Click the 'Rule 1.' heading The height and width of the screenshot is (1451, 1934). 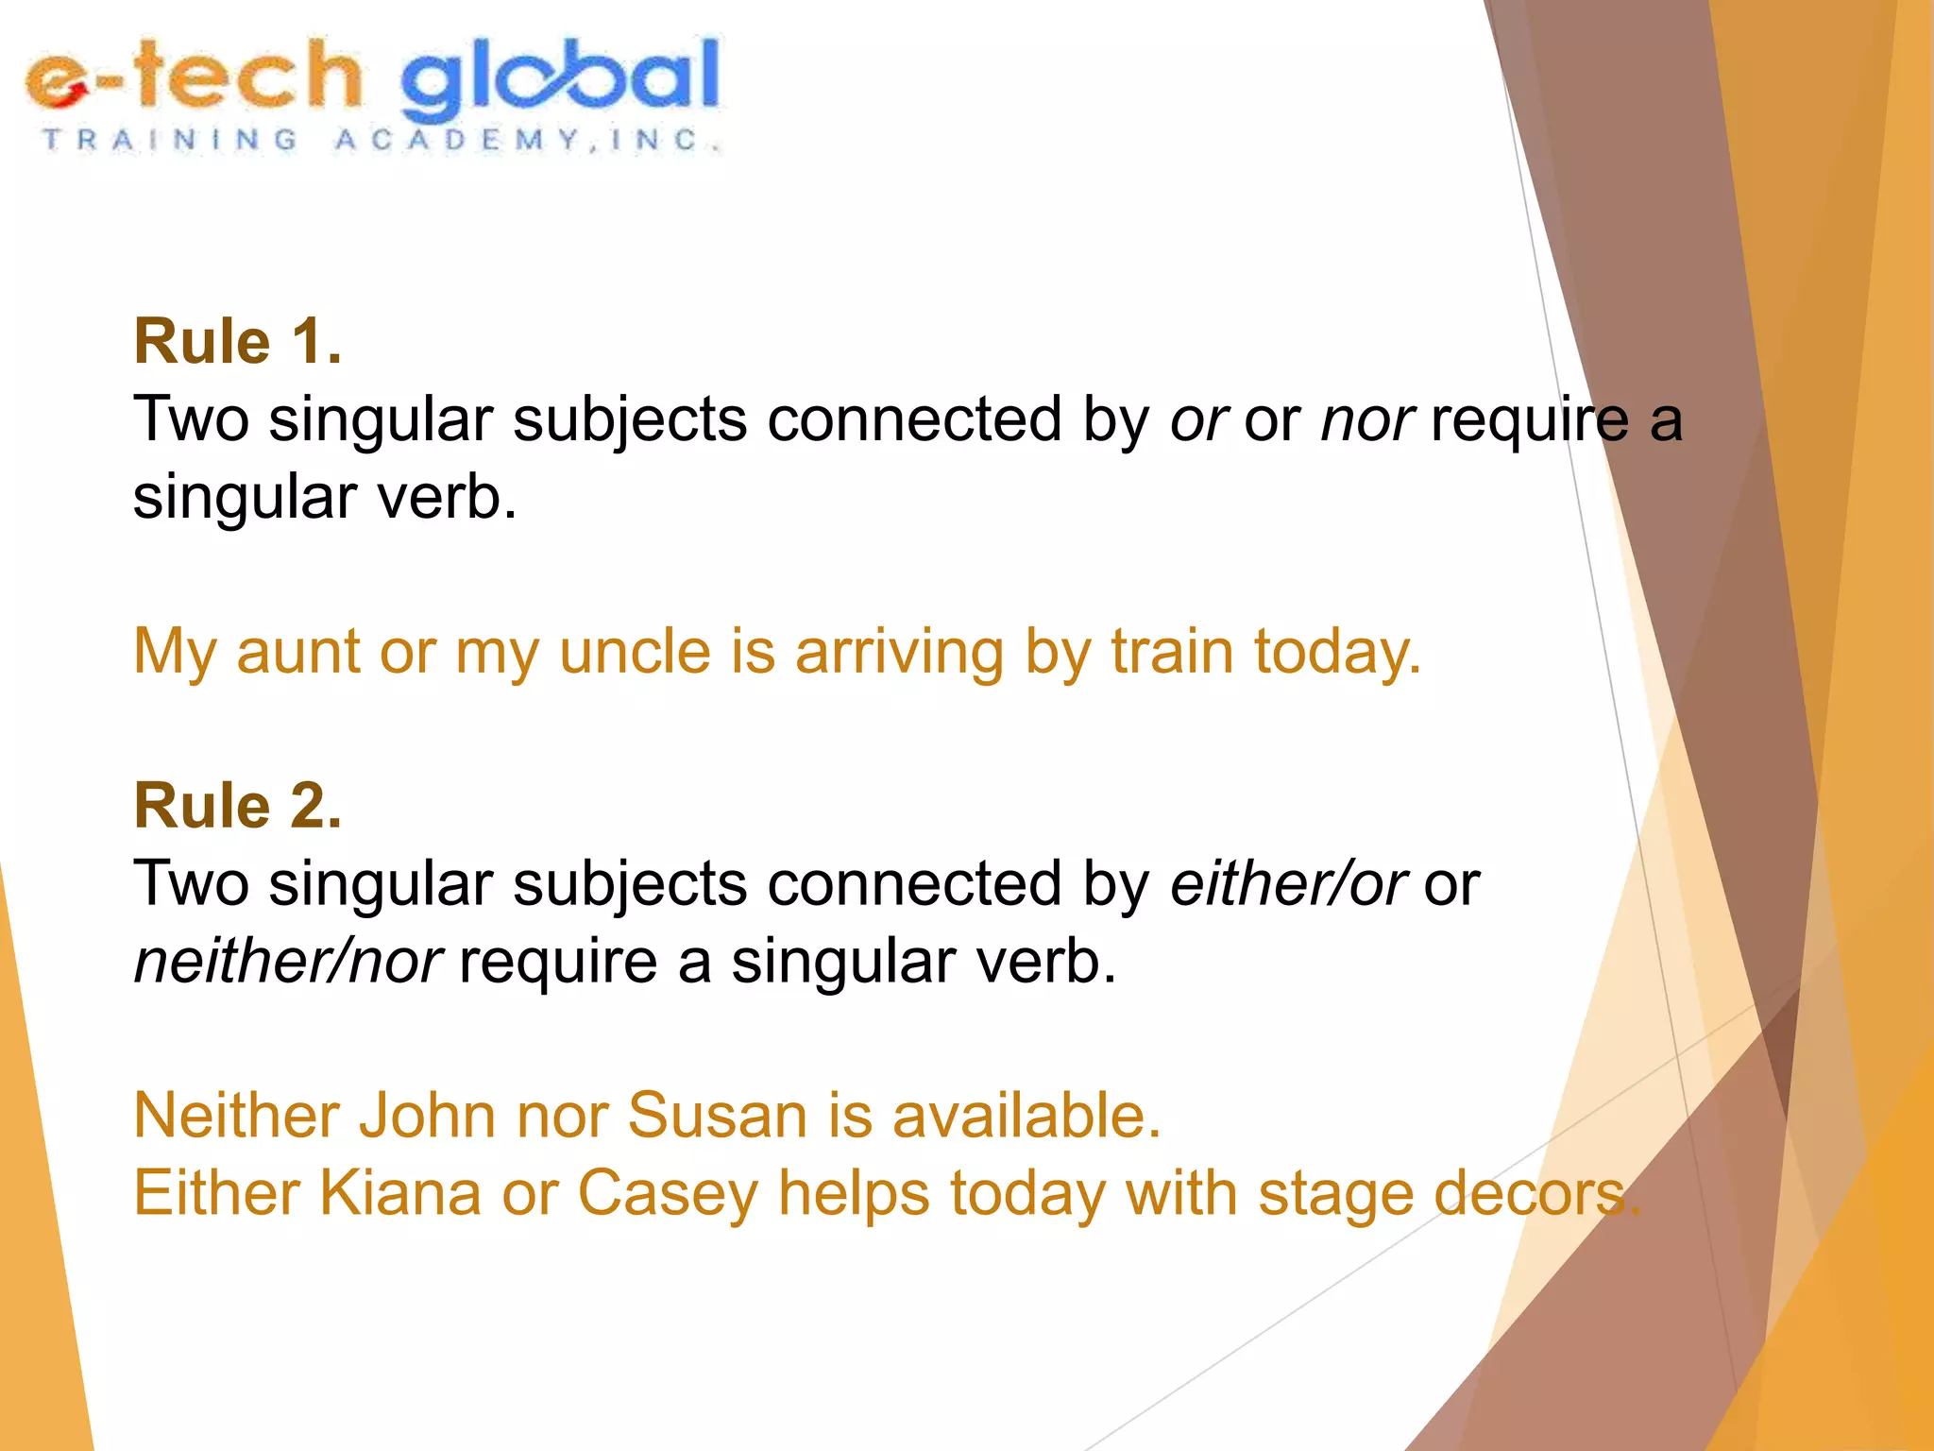[x=237, y=341]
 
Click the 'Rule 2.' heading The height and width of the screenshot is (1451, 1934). [x=237, y=806]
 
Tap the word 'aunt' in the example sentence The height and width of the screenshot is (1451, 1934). [x=297, y=651]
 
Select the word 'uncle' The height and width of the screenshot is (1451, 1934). [x=635, y=651]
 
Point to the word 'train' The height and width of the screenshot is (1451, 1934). [x=1172, y=651]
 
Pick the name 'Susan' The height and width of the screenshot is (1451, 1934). [x=717, y=1116]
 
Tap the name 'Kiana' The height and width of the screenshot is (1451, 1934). [x=400, y=1193]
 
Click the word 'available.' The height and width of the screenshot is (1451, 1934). [x=1026, y=1116]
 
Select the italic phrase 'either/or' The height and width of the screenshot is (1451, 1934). [x=1288, y=884]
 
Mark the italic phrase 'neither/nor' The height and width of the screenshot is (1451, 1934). [x=287, y=962]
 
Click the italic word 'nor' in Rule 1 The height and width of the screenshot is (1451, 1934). [x=1366, y=419]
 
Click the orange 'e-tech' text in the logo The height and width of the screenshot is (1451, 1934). [x=194, y=76]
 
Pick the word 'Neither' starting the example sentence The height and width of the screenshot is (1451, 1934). [x=236, y=1116]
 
